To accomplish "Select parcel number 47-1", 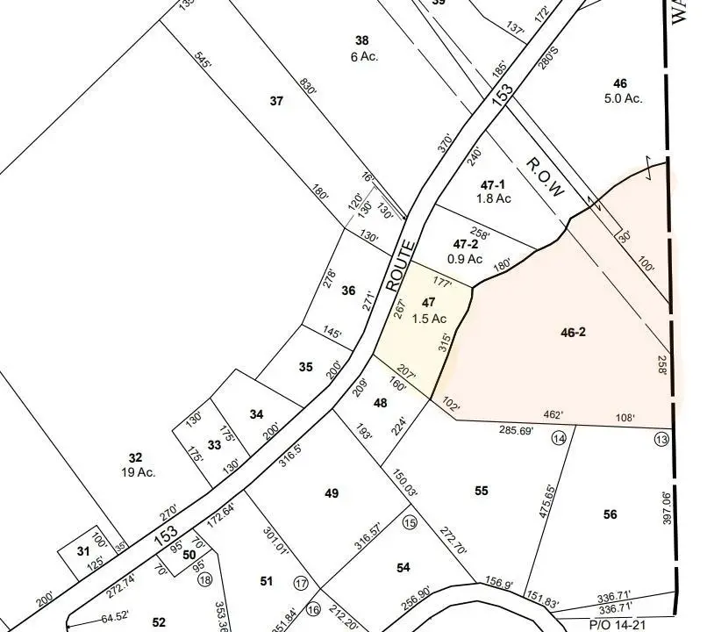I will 493,184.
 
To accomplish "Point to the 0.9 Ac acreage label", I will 465,259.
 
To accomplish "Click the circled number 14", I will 558,437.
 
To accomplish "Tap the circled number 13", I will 661,438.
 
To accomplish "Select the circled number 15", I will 409,522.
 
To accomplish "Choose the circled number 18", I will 205,578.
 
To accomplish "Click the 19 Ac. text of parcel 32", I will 139,471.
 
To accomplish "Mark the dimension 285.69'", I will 515,431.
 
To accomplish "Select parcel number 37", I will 277,101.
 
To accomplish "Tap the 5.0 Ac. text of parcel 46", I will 623,98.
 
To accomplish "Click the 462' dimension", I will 553,414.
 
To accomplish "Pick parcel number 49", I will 331,493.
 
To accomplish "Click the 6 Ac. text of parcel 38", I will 361,55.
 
